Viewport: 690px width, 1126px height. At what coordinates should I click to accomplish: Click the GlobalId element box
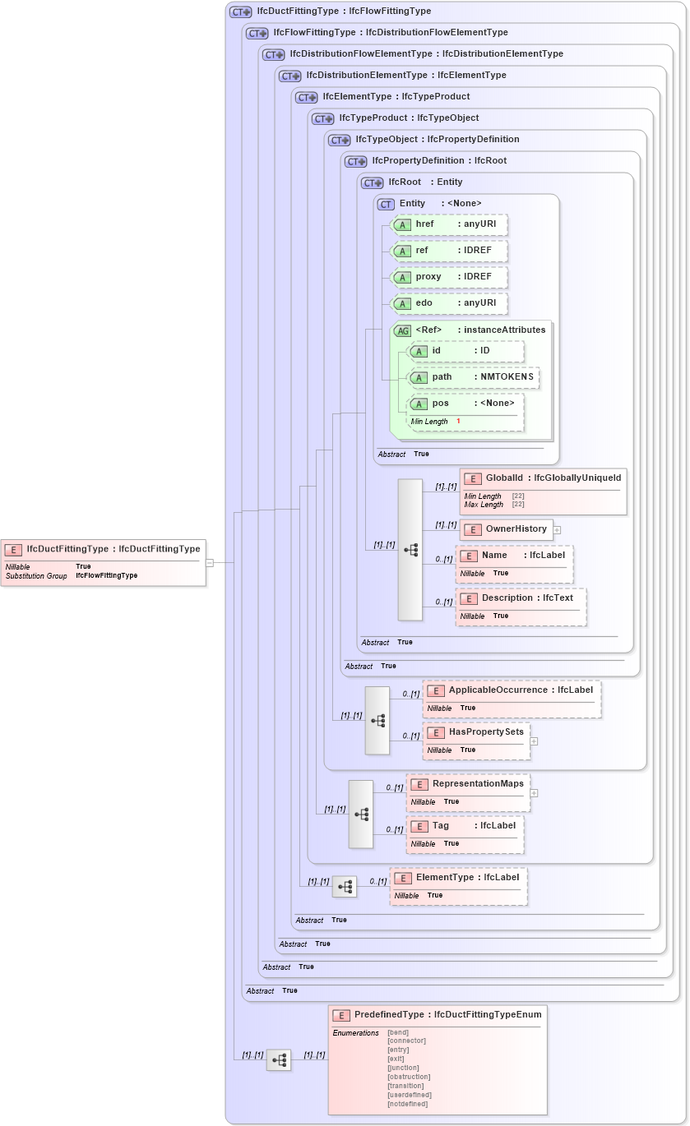pos(543,491)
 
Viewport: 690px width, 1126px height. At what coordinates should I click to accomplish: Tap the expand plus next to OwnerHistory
pos(557,529)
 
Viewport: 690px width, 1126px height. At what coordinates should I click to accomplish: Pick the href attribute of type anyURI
pos(449,224)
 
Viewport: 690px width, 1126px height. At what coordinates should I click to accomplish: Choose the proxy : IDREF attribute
pos(449,277)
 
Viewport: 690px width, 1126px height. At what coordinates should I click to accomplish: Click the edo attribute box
pos(449,303)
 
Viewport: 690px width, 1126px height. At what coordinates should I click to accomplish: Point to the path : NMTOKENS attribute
pos(474,377)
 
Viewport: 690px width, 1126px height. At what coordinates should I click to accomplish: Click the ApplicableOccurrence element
pos(512,699)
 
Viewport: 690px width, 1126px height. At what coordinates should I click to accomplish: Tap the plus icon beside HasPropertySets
pos(534,741)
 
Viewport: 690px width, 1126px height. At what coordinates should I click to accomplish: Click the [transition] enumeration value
pos(406,1086)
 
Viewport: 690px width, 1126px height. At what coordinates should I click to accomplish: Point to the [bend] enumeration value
pos(398,1032)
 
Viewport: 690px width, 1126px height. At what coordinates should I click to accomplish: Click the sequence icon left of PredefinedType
pos(279,1060)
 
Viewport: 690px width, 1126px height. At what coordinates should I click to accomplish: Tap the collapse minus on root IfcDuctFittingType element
pos(210,563)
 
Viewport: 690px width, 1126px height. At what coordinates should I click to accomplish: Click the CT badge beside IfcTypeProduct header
pos(322,118)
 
